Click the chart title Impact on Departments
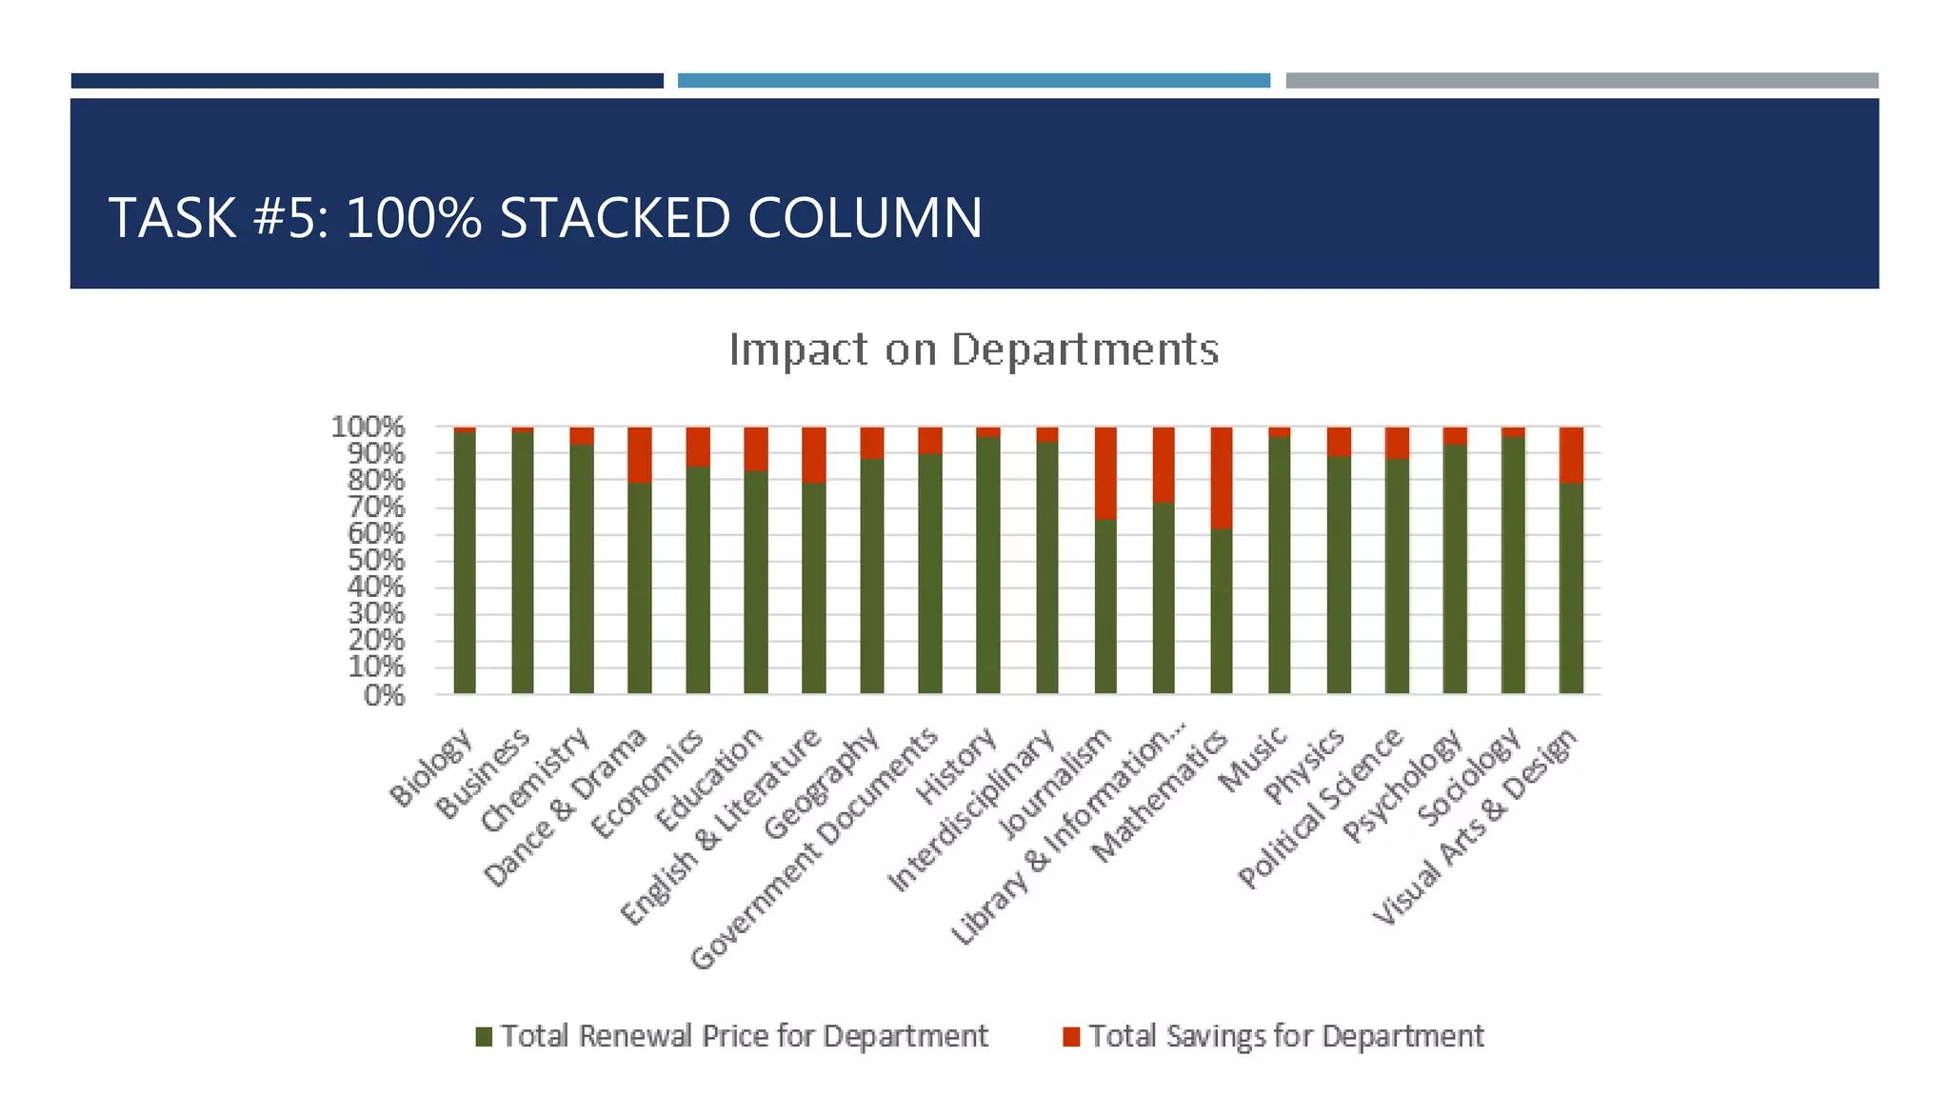[x=973, y=349]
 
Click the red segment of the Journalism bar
[x=1104, y=472]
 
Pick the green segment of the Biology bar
[x=465, y=562]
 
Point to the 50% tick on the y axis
[x=376, y=560]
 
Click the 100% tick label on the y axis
[x=368, y=427]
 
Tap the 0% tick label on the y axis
[x=384, y=695]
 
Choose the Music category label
[x=1253, y=759]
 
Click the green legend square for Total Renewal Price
[x=485, y=1036]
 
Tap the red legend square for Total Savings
[x=1072, y=1036]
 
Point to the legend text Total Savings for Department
[x=1285, y=1036]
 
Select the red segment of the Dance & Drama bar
[x=640, y=455]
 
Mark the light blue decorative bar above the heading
[x=973, y=81]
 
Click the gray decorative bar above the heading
[x=1582, y=81]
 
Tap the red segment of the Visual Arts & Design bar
[x=1571, y=455]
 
